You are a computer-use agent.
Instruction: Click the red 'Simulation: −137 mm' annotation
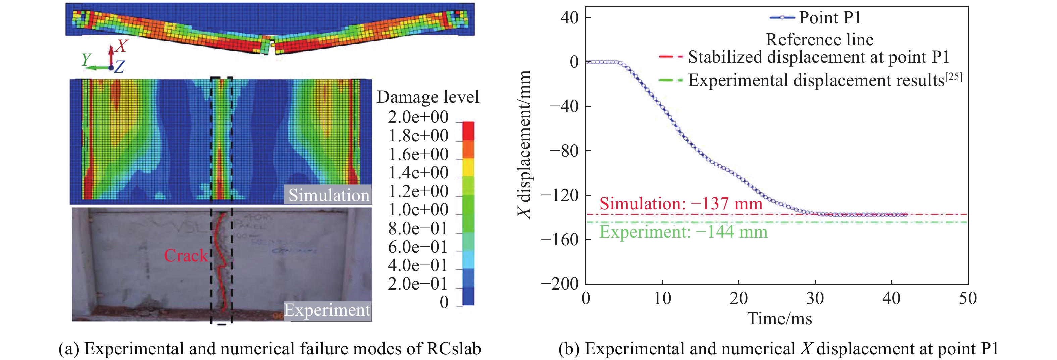coord(681,204)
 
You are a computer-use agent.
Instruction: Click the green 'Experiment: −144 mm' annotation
coord(683,232)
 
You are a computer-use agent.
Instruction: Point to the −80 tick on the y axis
coord(564,151)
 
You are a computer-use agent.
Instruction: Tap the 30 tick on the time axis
coord(815,298)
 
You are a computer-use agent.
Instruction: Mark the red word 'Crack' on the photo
coord(186,256)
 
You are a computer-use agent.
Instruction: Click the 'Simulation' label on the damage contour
coord(329,195)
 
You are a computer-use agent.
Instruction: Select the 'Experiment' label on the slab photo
coord(327,310)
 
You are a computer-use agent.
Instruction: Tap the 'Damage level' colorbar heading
coord(427,97)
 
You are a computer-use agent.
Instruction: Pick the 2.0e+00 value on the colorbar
coord(418,117)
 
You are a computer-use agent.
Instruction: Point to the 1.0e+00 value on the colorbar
coord(418,210)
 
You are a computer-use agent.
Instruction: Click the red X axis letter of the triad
coord(121,46)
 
